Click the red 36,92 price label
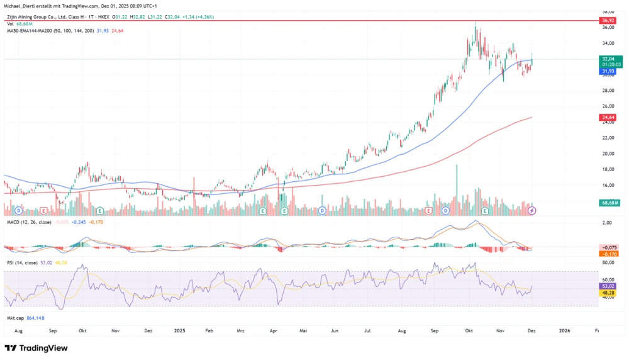pos(608,20)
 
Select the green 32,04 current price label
pos(608,58)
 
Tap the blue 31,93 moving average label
pos(608,72)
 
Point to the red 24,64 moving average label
pos(608,118)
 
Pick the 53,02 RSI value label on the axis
pos(608,285)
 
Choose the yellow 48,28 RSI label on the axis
pos(608,293)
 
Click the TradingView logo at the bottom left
pos(37,348)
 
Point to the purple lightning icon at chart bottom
pos(532,210)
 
